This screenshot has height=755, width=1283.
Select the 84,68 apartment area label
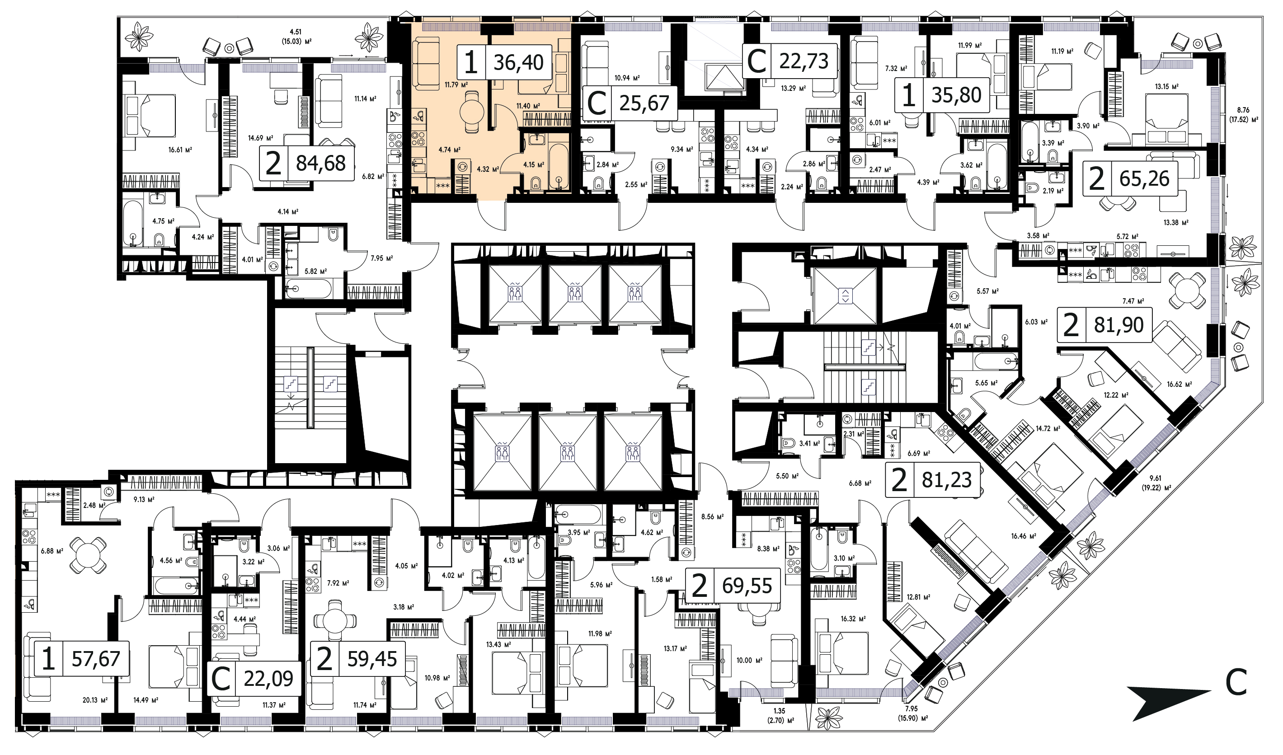coord(321,164)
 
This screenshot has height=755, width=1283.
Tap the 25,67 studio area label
coord(644,103)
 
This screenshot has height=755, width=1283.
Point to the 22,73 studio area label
coord(804,61)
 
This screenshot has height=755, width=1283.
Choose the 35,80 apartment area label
coord(957,95)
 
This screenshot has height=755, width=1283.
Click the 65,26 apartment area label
coord(1145,178)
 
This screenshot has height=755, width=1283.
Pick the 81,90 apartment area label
coord(1119,325)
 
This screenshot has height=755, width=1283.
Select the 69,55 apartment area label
coord(747,586)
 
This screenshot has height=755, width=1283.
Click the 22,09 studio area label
coord(268,679)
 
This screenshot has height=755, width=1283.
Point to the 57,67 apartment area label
coord(96,659)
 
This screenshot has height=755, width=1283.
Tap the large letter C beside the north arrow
coord(1236,682)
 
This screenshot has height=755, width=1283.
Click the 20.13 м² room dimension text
coord(95,700)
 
